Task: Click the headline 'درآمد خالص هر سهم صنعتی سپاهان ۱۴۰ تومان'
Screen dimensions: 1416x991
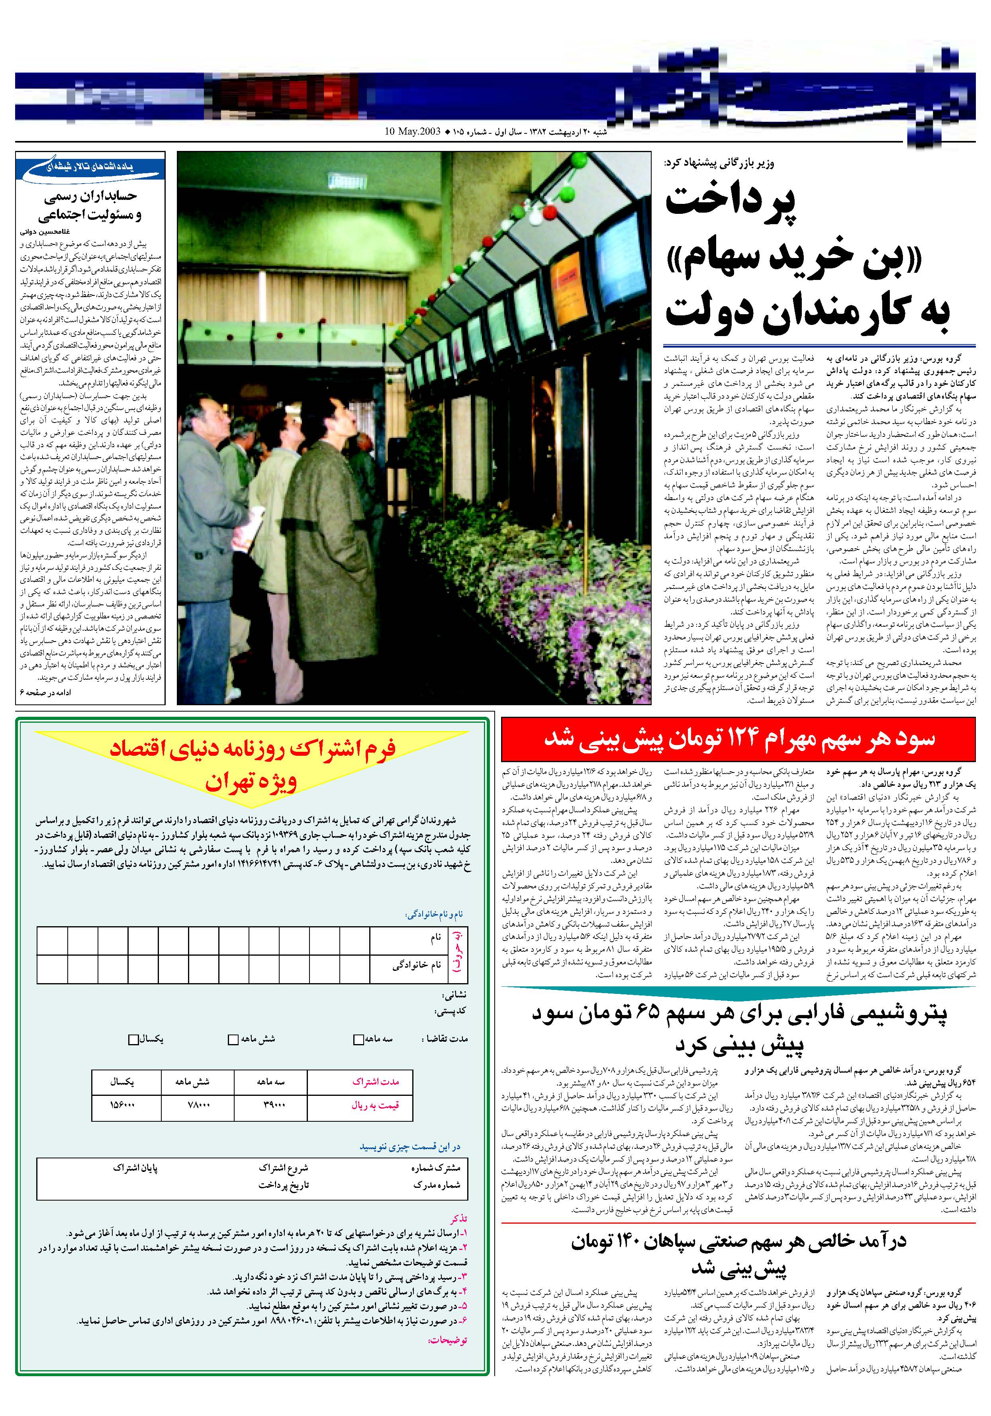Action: pyautogui.click(x=738, y=1241)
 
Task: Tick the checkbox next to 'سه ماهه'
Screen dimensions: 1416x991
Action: pyautogui.click(x=358, y=1040)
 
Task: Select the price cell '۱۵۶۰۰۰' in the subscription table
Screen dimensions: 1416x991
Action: pyautogui.click(x=122, y=1105)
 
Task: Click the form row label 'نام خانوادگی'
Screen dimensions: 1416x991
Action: pyautogui.click(x=417, y=966)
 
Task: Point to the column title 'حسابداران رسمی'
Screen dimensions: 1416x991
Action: pyautogui.click(x=90, y=197)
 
